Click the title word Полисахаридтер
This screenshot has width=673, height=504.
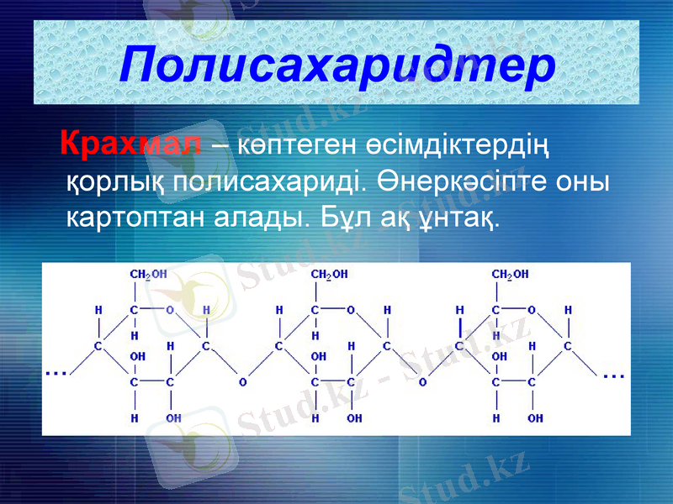[x=336, y=65]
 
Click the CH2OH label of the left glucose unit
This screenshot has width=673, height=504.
[x=147, y=274]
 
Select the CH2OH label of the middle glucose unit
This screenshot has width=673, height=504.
[x=329, y=274]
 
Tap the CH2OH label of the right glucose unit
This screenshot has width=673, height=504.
[x=510, y=274]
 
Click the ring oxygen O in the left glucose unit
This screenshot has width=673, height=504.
[x=170, y=310]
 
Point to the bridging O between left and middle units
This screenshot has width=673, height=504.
[x=242, y=381]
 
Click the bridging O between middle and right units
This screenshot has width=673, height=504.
[x=423, y=381]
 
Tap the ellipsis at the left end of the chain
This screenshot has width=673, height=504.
[x=56, y=371]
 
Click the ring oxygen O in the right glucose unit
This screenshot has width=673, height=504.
[x=533, y=310]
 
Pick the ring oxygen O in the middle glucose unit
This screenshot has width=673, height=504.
[x=352, y=310]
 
